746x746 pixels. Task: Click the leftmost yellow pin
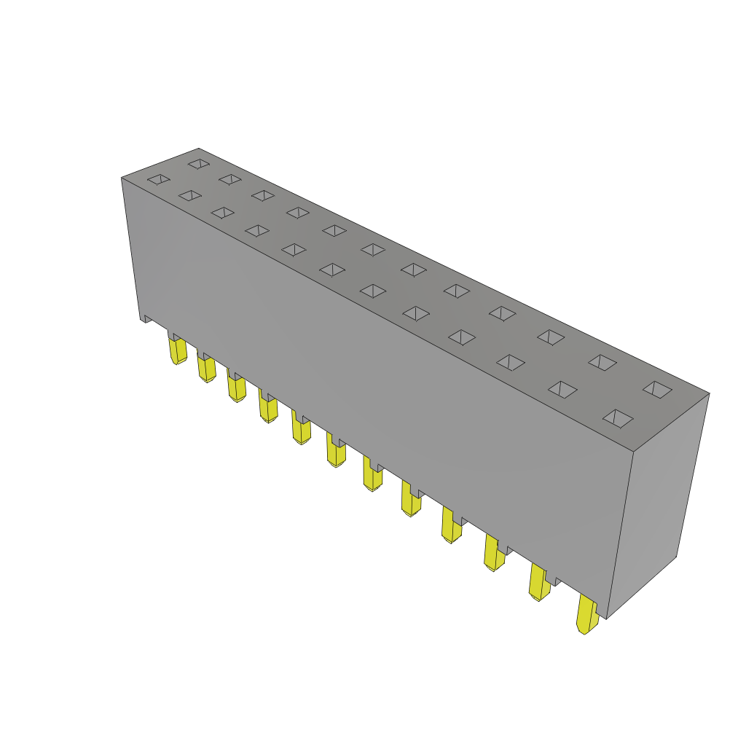[x=178, y=350]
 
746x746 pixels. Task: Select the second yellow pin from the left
[x=207, y=369]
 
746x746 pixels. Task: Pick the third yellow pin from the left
[x=237, y=388]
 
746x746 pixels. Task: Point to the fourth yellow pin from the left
[x=268, y=409]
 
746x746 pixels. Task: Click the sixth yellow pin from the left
[x=336, y=452]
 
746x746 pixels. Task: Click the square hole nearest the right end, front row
[x=618, y=418]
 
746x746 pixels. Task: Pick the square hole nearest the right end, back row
[x=657, y=389]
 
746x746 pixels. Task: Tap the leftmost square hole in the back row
[x=199, y=164]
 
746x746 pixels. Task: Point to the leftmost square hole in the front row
[x=159, y=179]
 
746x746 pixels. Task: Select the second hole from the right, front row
[x=562, y=389]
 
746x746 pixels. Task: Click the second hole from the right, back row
[x=602, y=362]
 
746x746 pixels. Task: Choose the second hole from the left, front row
[x=190, y=195]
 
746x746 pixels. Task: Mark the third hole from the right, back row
[x=551, y=337]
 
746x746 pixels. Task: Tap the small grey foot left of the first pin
[x=146, y=318]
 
